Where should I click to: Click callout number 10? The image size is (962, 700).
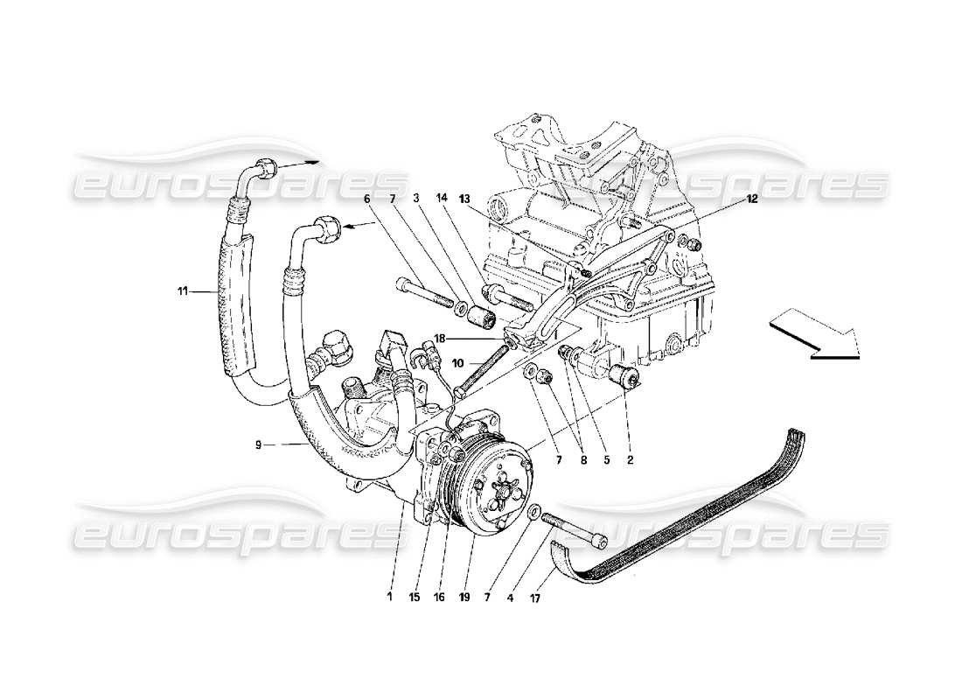[x=458, y=362]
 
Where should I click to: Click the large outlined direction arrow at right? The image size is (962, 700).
[x=815, y=338]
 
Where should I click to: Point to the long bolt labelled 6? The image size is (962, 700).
[x=426, y=296]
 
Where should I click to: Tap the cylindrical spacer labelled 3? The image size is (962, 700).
[x=481, y=314]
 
